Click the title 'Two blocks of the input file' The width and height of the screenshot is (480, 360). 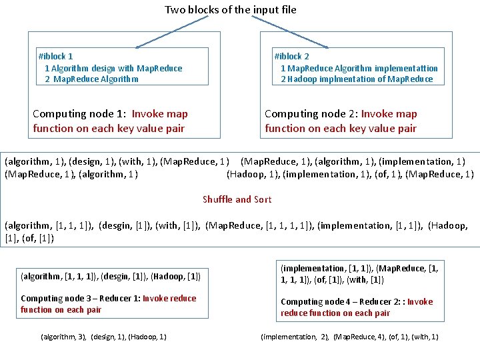(231, 9)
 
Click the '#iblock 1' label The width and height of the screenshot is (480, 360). (56, 57)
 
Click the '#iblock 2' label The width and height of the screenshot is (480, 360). (292, 57)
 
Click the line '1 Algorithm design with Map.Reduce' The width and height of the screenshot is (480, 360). (113, 68)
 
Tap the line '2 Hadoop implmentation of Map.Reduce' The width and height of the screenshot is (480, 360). (357, 79)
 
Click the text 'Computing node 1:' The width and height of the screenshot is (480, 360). (80, 114)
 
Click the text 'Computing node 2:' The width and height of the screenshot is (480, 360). (311, 114)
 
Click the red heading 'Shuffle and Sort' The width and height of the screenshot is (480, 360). (237, 199)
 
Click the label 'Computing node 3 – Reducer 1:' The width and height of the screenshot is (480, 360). (80, 298)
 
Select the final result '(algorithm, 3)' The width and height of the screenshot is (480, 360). (63, 337)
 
